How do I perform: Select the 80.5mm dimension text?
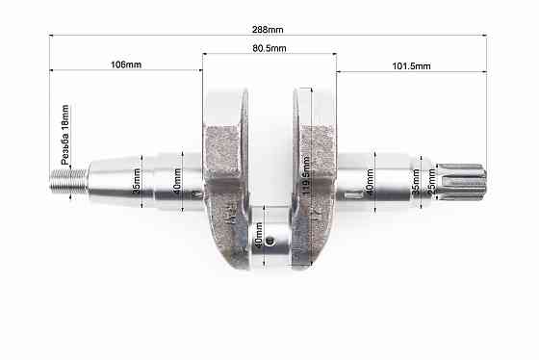(x=269, y=47)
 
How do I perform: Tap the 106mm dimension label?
(x=126, y=64)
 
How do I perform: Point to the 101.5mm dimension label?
(x=411, y=64)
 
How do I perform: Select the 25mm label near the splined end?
(x=431, y=181)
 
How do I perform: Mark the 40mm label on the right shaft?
(x=370, y=181)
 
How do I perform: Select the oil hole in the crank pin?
(x=271, y=242)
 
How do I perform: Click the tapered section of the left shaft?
(x=111, y=178)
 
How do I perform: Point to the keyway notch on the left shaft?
(x=197, y=196)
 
